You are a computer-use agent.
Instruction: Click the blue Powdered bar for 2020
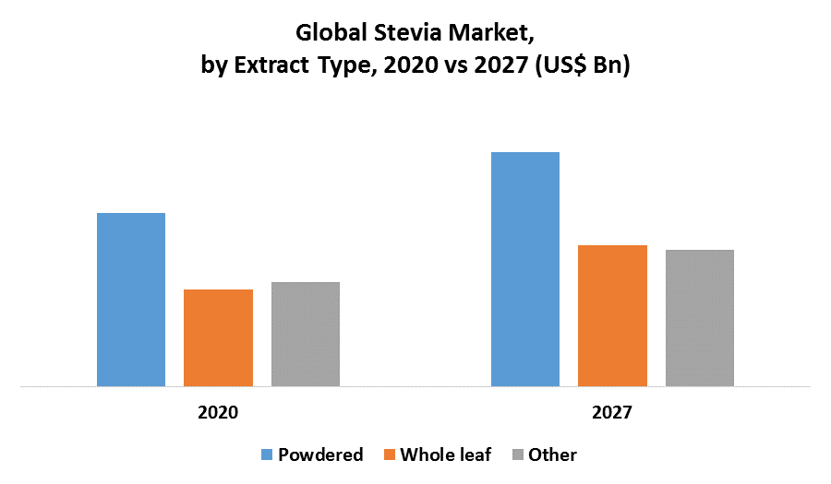coord(131,300)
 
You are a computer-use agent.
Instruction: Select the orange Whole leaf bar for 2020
coord(218,337)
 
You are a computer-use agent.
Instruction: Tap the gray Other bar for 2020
coord(306,334)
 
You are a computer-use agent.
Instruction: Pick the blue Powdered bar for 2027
coord(525,269)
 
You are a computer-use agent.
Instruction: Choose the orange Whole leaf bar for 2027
coord(612,315)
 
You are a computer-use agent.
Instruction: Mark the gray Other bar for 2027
coord(700,318)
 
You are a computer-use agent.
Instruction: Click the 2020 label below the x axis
coord(218,412)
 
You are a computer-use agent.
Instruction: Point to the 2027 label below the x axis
coord(612,412)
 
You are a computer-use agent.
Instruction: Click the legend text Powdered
coord(320,454)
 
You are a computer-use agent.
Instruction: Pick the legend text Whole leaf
coord(445,454)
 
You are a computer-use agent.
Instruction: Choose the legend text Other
coord(552,454)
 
